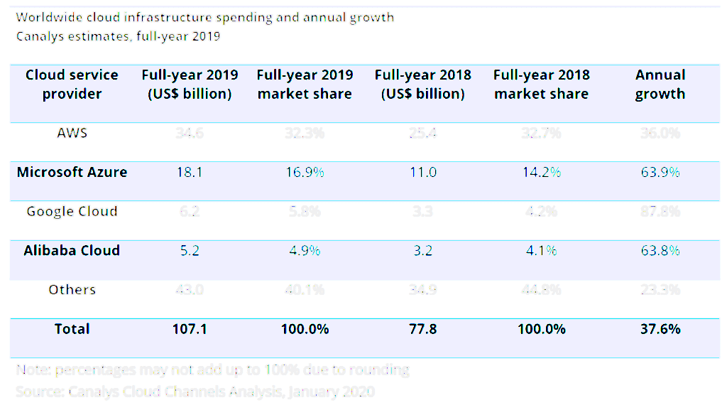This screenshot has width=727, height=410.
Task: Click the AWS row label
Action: click(x=72, y=133)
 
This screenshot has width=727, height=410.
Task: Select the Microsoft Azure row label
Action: click(x=72, y=172)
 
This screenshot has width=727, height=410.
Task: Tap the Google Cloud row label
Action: click(x=72, y=211)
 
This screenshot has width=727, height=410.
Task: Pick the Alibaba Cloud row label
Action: click(x=72, y=250)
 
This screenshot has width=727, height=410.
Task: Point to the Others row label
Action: click(x=72, y=289)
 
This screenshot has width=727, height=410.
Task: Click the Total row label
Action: click(x=72, y=329)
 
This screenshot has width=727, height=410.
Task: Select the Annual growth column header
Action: click(x=660, y=85)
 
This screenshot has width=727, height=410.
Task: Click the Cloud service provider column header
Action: click(x=72, y=85)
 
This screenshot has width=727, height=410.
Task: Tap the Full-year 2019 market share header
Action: click(x=305, y=85)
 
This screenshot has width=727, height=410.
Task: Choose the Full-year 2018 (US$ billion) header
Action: click(x=423, y=85)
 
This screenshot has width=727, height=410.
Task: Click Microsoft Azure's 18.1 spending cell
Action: click(x=190, y=172)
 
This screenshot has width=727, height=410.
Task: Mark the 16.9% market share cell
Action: click(x=305, y=172)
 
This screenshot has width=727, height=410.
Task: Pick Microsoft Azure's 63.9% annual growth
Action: click(x=660, y=172)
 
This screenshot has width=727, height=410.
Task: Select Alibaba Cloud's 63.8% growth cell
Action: click(x=660, y=250)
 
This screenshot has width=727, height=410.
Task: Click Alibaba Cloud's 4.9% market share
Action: click(x=305, y=250)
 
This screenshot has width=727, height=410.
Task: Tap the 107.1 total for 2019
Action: click(x=190, y=329)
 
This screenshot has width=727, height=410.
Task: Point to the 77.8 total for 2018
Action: click(x=423, y=329)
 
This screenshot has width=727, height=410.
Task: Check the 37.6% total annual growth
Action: click(x=660, y=329)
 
